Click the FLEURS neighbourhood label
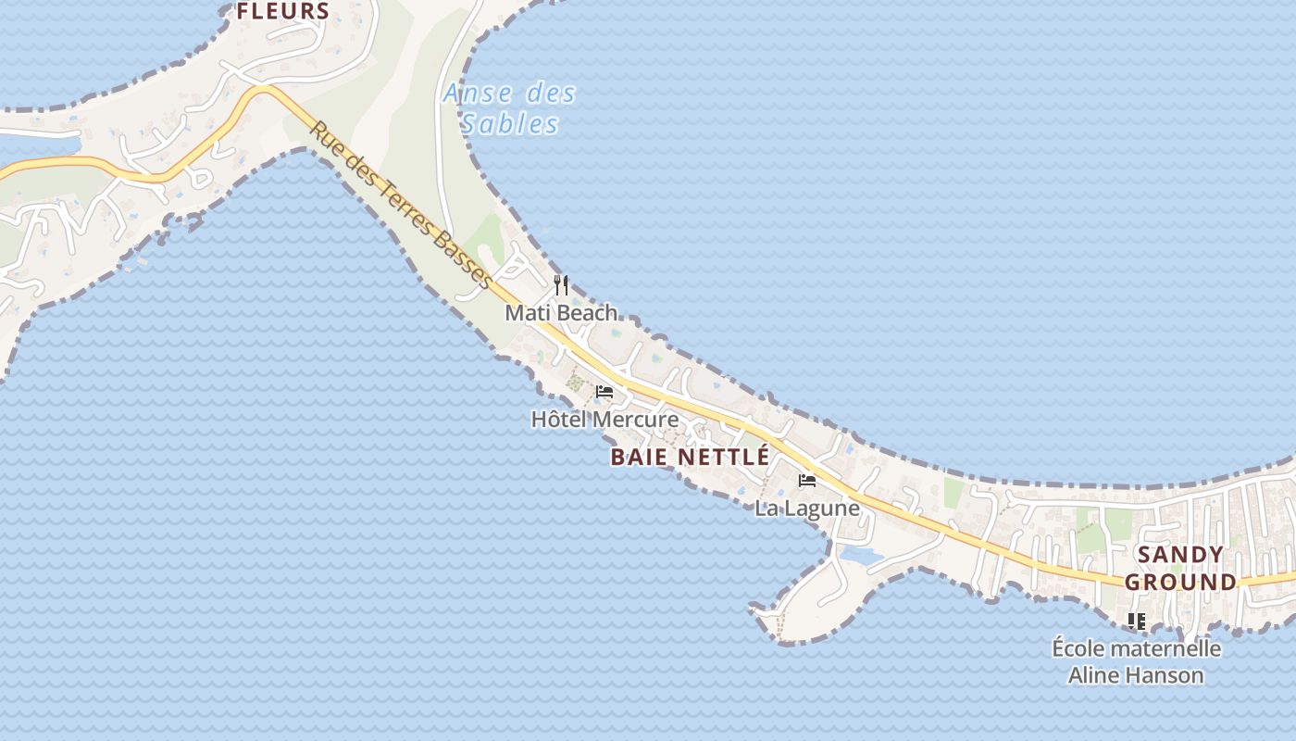pos(283,11)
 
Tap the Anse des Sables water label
pos(509,108)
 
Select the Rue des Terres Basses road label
pos(400,205)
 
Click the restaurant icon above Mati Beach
pos(561,284)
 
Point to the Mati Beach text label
pos(561,313)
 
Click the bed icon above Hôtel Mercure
pos(604,392)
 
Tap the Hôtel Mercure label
pos(604,420)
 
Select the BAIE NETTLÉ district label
pos(690,457)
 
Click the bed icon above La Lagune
pos(807,481)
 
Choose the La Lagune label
pos(807,509)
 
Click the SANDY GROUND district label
pos(1180,568)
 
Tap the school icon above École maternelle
pos(1137,621)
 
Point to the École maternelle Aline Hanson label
pos(1137,661)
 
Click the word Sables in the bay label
pos(510,124)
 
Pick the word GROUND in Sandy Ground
pos(1180,583)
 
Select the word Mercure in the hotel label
pos(635,420)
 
